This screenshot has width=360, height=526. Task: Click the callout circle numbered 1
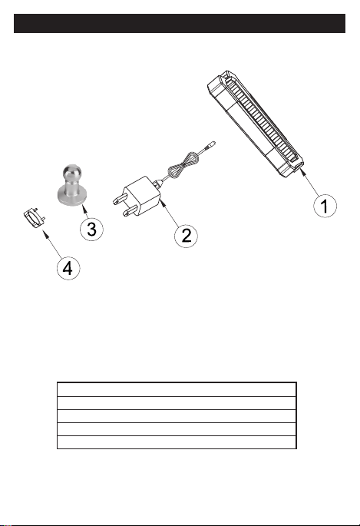(x=325, y=205)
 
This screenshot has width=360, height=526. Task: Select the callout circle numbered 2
(x=186, y=236)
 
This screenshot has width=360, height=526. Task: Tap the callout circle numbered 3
(x=91, y=229)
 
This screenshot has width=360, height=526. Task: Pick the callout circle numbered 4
(x=68, y=268)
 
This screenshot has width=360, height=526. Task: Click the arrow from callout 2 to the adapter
(x=170, y=213)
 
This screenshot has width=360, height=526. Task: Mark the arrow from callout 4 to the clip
(x=51, y=244)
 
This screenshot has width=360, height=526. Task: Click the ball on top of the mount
(x=71, y=173)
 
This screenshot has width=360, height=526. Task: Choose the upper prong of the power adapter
(x=120, y=200)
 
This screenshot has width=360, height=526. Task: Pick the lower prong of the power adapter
(x=130, y=210)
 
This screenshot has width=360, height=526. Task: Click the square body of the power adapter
(x=142, y=196)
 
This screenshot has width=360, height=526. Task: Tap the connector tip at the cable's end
(x=212, y=144)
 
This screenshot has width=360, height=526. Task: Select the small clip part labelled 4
(x=35, y=219)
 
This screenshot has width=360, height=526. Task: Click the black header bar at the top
(x=180, y=24)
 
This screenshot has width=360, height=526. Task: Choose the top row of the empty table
(x=177, y=389)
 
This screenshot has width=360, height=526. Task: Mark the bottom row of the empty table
(x=177, y=442)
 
